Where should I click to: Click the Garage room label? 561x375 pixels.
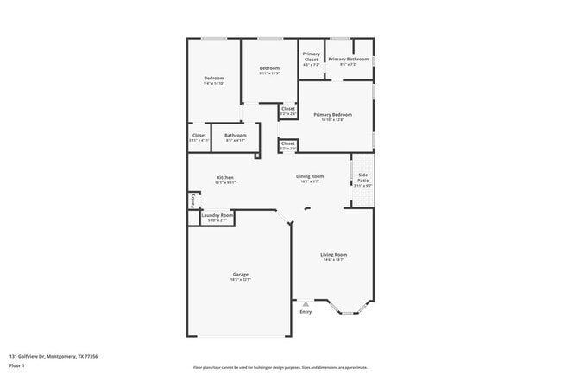tap(240, 275)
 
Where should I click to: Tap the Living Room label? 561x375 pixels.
tap(333, 254)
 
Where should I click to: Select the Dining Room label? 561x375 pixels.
tap(310, 177)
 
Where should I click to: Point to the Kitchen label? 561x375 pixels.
tap(224, 178)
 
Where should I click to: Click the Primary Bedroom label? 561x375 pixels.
tap(332, 114)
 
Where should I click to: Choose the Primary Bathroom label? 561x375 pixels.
tap(348, 60)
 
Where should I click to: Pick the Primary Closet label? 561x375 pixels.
tap(311, 56)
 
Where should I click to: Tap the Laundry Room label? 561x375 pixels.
tap(217, 215)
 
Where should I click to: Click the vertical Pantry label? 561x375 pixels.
tap(192, 200)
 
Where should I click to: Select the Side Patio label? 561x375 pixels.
tap(363, 177)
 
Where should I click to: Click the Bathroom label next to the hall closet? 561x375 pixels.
tap(236, 136)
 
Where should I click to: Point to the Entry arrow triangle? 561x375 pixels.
tap(305, 303)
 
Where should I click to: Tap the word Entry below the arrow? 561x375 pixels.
tap(305, 311)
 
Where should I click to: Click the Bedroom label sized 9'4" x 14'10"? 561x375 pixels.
tap(214, 79)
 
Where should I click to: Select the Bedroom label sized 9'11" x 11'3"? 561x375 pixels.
tap(269, 68)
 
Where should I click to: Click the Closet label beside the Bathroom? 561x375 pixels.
tap(199, 136)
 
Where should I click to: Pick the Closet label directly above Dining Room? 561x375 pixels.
tap(288, 143)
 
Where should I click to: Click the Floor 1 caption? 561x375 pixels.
tap(18, 365)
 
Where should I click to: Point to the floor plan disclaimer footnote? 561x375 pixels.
tap(280, 367)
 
